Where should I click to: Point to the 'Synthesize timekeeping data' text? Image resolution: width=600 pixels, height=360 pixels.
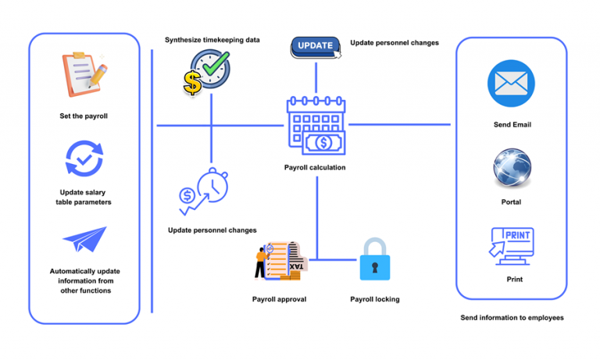212,40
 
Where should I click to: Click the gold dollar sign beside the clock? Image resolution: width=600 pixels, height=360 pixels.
192,82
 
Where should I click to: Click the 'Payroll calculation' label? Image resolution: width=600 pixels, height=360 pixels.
315,167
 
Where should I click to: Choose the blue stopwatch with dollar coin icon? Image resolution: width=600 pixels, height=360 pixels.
203,192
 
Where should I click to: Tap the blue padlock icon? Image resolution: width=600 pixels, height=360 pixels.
374,261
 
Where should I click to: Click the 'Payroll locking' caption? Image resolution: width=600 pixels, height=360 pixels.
374,299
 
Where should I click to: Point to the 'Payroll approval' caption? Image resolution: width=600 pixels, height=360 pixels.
279,299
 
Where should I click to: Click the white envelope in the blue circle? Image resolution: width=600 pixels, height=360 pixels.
512,84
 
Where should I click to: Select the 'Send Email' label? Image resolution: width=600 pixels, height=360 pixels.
512,124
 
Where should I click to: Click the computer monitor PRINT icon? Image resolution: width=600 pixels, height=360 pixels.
512,245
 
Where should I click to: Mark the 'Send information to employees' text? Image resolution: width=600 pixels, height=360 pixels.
512,318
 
